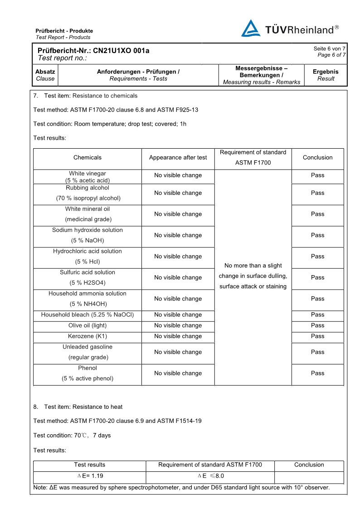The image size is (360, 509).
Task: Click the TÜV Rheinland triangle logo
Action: click(x=251, y=29)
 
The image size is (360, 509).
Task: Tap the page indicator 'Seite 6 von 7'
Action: click(x=329, y=48)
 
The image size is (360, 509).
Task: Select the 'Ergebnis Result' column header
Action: click(x=326, y=75)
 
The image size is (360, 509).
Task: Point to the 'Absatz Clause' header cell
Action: click(x=45, y=75)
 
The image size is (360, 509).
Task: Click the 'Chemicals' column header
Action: click(x=88, y=158)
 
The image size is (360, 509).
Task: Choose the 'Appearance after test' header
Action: click(x=178, y=158)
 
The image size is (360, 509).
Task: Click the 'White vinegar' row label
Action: click(x=88, y=174)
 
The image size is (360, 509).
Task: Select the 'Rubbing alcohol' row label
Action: click(x=88, y=188)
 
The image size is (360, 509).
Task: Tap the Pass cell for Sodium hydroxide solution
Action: click(x=317, y=235)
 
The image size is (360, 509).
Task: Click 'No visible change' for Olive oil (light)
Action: click(x=178, y=325)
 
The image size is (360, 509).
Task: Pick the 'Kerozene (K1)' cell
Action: click(x=88, y=336)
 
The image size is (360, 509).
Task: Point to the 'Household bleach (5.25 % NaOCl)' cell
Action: click(x=88, y=315)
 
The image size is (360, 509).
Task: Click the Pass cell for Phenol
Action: click(x=317, y=373)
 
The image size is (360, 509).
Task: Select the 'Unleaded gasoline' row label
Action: click(x=88, y=347)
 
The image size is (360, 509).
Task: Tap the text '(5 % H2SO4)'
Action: click(x=88, y=283)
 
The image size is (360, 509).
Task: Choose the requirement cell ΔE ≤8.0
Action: click(x=211, y=476)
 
